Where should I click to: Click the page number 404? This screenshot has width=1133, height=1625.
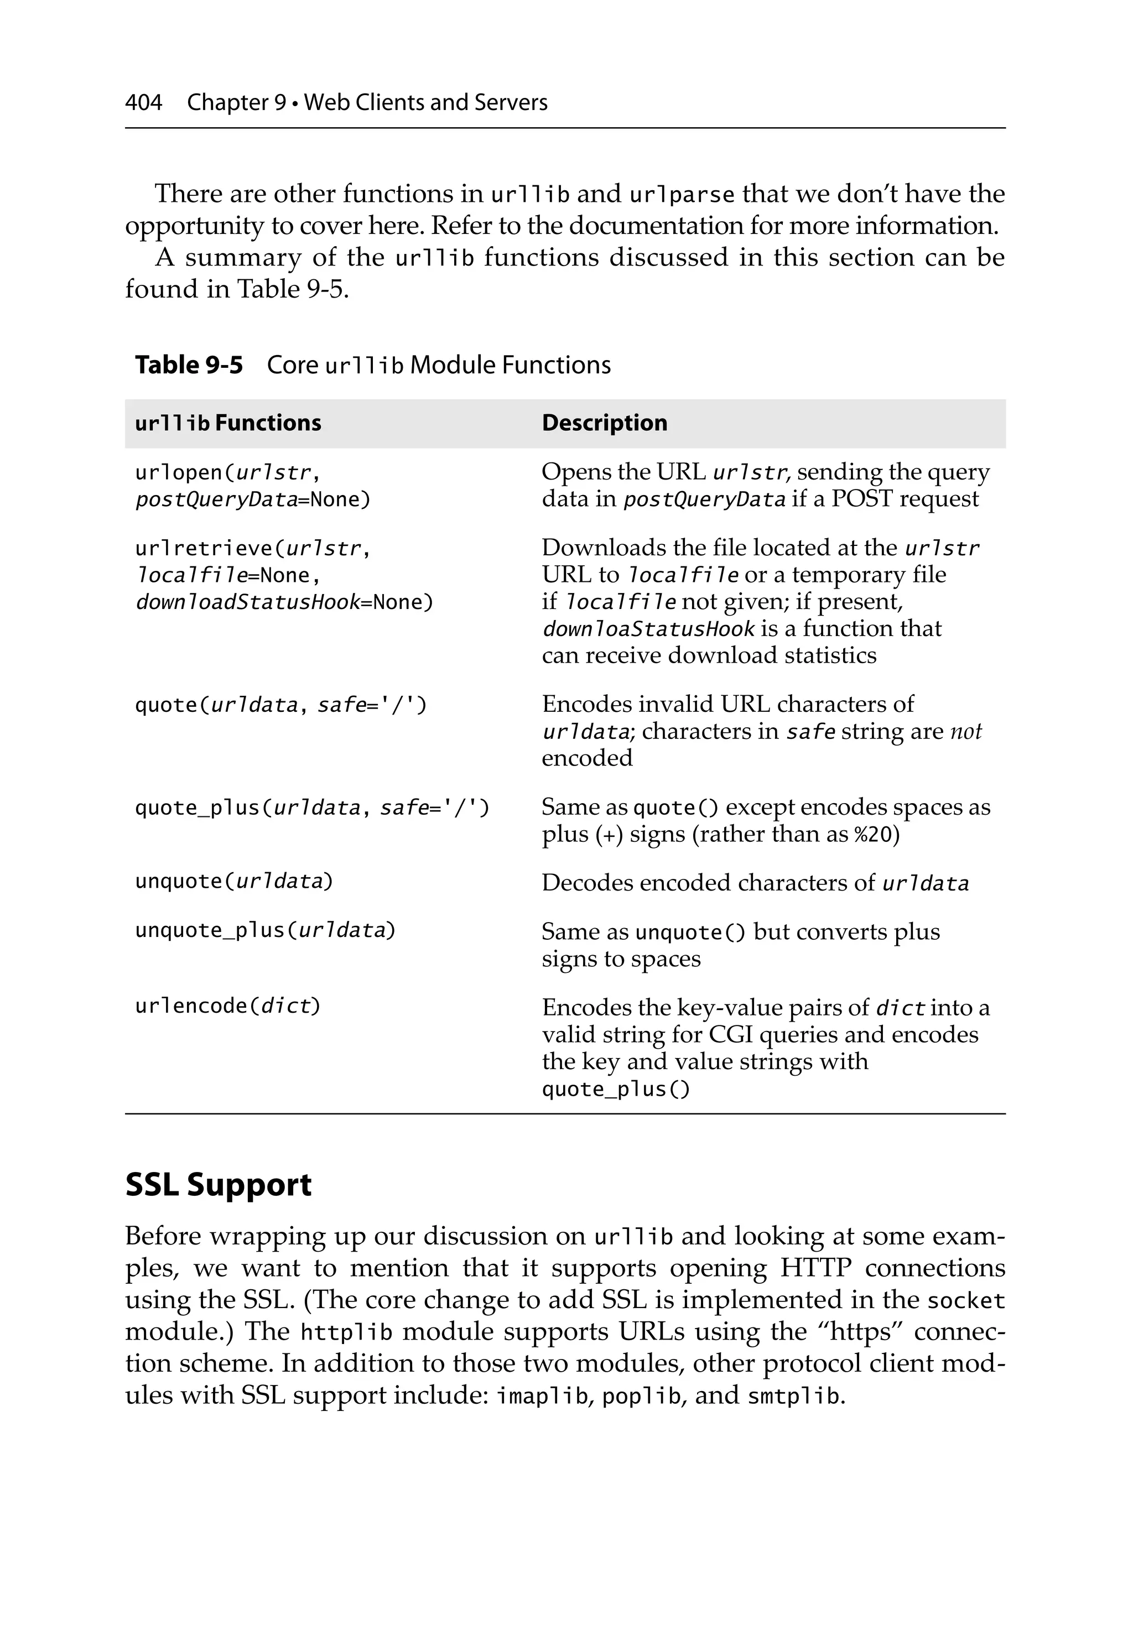tap(144, 103)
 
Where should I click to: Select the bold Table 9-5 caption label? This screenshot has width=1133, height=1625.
tap(189, 365)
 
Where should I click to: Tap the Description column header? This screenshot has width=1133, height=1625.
tap(604, 423)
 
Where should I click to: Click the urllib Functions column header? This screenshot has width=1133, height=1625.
tap(228, 423)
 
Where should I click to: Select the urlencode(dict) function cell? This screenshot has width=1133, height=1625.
tap(228, 1006)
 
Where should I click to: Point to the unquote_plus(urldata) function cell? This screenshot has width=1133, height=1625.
tap(265, 930)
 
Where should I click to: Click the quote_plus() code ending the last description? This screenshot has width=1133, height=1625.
tap(615, 1088)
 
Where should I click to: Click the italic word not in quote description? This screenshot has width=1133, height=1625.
tap(965, 731)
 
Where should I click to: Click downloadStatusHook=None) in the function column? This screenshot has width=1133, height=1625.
tap(283, 602)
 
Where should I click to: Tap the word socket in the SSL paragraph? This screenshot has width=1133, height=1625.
tap(966, 1301)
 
